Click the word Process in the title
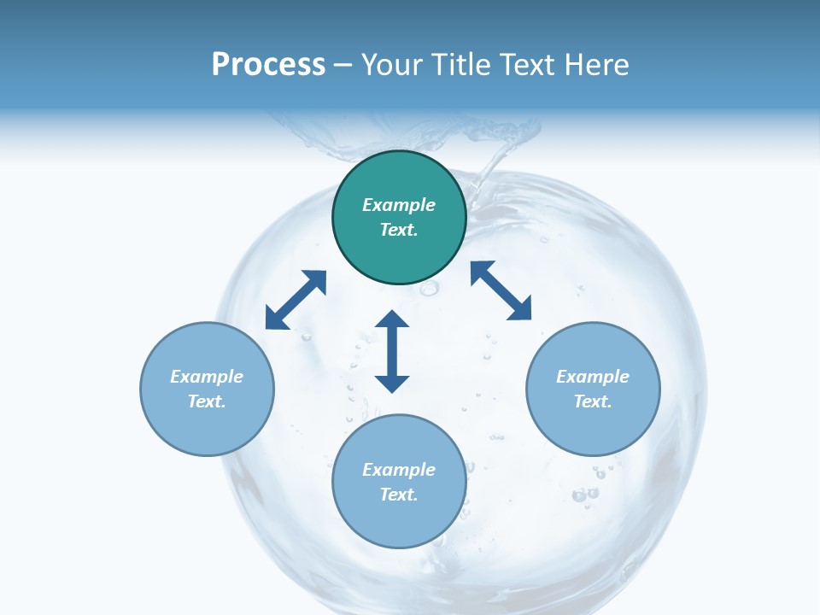268,65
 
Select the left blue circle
207,427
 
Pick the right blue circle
593,427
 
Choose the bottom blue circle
399,521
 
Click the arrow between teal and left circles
296,300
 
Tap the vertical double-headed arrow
392,351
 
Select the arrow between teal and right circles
501,290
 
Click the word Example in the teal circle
399,205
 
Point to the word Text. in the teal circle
399,230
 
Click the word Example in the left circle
207,377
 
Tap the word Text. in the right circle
593,401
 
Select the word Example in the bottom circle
399,470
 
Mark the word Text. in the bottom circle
399,495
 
